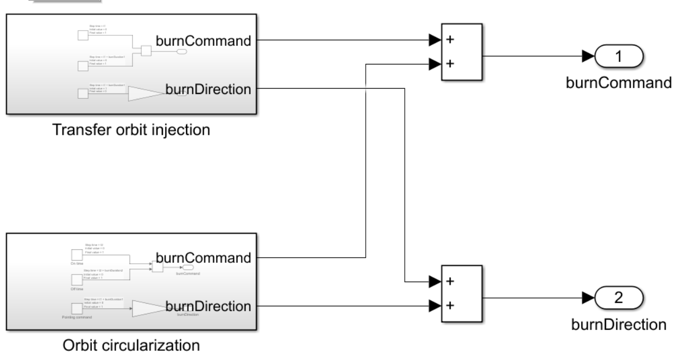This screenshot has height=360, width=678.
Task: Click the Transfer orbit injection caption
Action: tap(131, 130)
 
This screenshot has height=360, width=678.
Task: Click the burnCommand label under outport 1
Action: tap(618, 83)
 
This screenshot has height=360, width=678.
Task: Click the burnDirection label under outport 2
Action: tap(618, 324)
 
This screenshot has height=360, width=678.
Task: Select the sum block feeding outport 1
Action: tap(462, 53)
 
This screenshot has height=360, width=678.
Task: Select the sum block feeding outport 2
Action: tap(462, 294)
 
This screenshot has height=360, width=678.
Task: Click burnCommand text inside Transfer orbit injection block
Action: tap(203, 40)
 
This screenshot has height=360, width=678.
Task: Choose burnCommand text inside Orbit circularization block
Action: tap(203, 257)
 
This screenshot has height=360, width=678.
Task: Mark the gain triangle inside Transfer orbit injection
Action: tap(142, 94)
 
